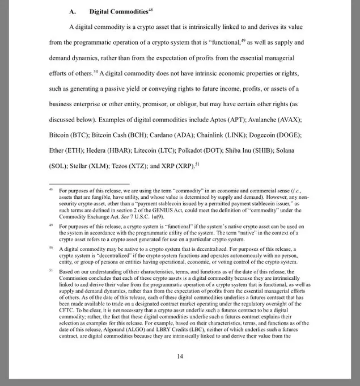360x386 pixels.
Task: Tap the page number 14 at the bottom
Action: point(180,356)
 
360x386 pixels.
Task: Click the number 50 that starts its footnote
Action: point(51,248)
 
